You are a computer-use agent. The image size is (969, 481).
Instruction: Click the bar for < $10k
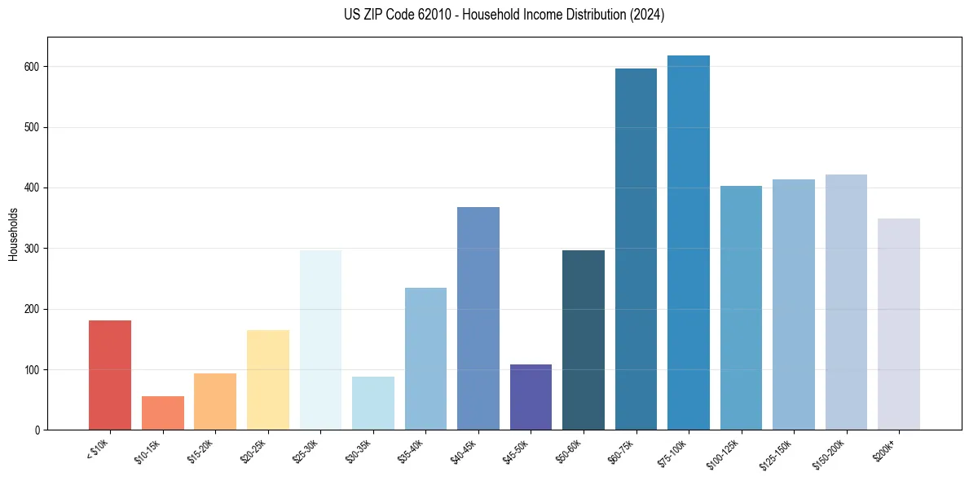(110, 375)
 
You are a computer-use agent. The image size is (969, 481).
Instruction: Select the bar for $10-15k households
(163, 413)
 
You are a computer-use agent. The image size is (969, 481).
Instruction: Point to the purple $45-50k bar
(531, 397)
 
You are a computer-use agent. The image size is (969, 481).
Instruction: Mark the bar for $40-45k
(478, 319)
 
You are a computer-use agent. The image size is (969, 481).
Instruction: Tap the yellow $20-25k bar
(268, 380)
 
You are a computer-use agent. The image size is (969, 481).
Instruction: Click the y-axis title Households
(13, 233)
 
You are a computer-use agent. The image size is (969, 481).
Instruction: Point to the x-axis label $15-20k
(204, 449)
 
